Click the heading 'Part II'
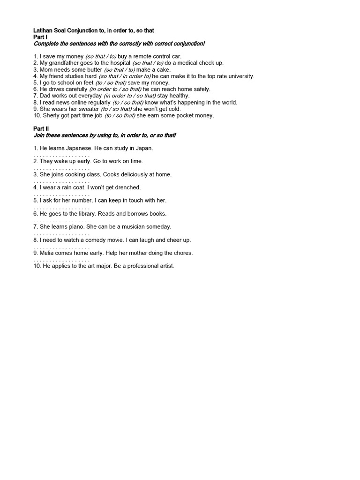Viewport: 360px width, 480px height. tap(41, 128)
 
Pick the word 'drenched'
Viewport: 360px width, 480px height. tap(127, 187)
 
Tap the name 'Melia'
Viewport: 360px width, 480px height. tap(49, 253)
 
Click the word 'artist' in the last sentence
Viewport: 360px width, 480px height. tap(165, 266)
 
